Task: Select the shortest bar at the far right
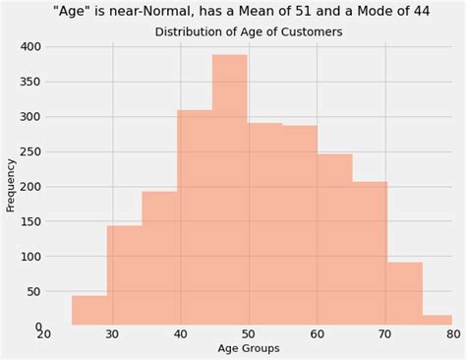pyautogui.click(x=437, y=320)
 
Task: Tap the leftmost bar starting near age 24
pyautogui.click(x=89, y=310)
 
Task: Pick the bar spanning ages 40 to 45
pyautogui.click(x=195, y=217)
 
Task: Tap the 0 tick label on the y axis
pyautogui.click(x=37, y=327)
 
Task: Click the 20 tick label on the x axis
pyautogui.click(x=44, y=334)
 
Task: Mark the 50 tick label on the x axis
pyautogui.click(x=249, y=334)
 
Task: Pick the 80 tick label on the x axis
pyautogui.click(x=453, y=334)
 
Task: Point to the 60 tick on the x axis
pyautogui.click(x=318, y=334)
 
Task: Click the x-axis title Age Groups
pyautogui.click(x=248, y=348)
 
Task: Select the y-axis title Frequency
pyautogui.click(x=11, y=185)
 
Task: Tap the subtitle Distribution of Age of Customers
pyautogui.click(x=249, y=32)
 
